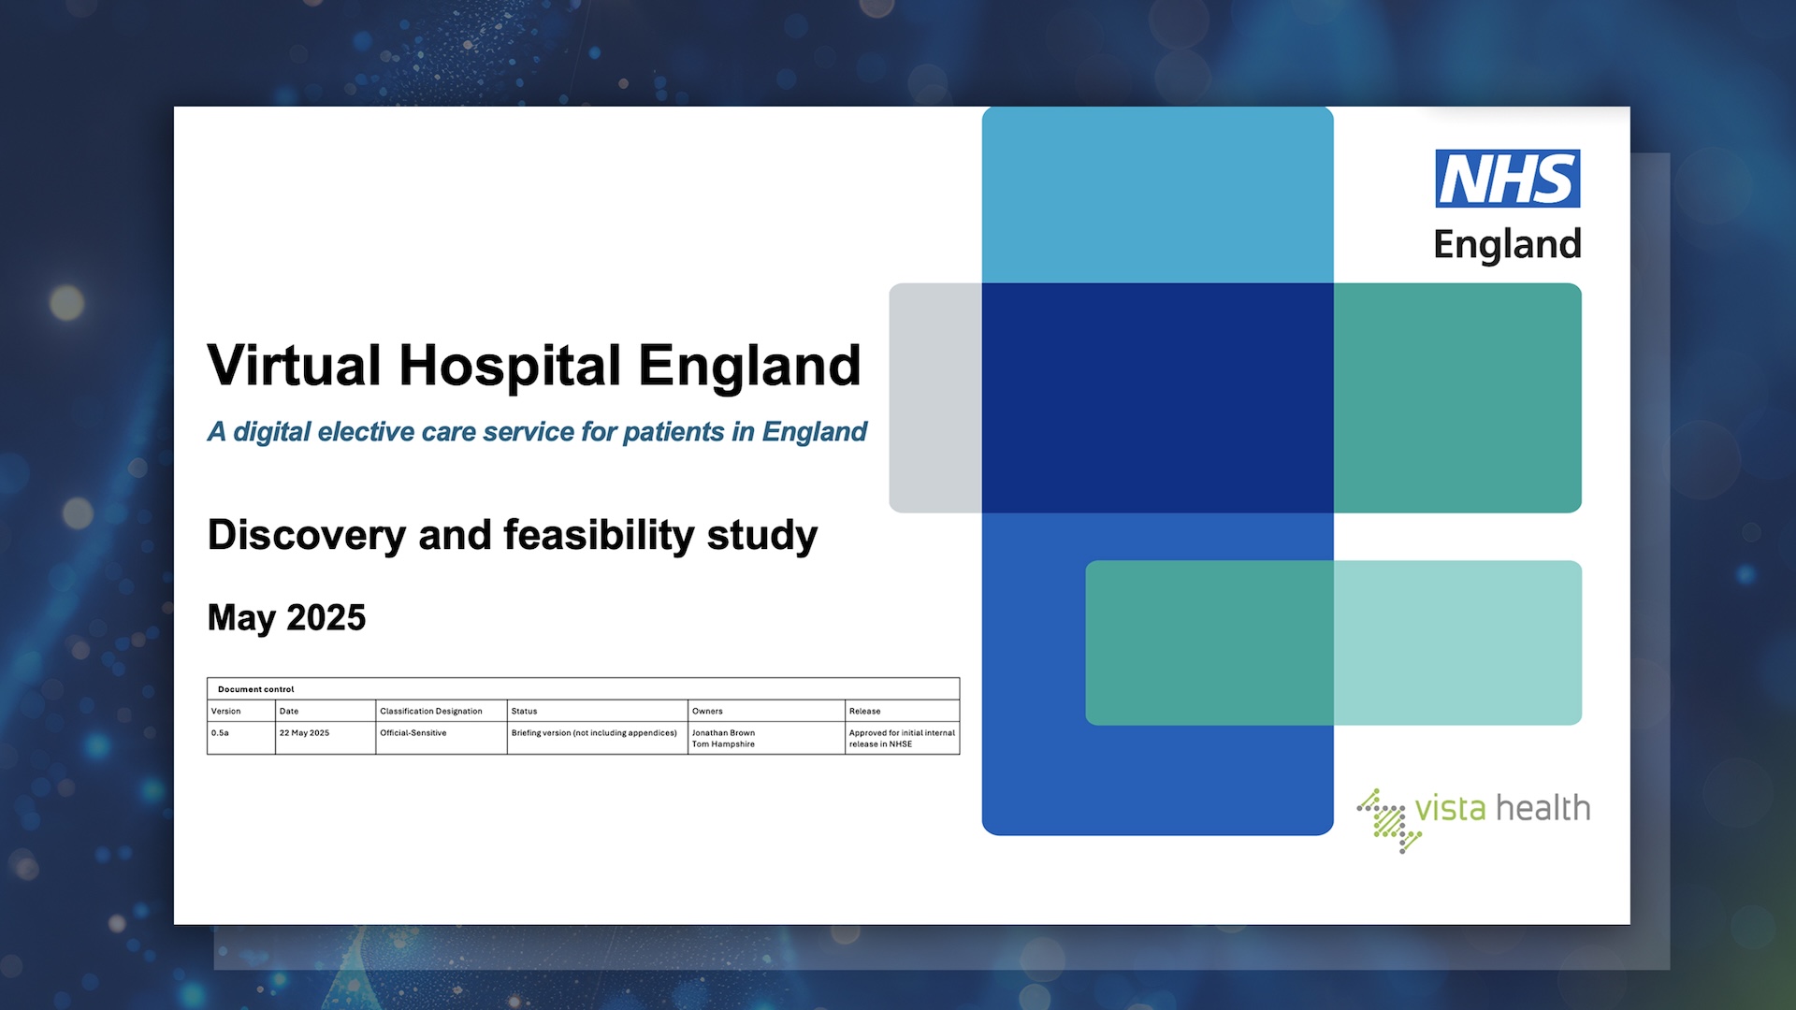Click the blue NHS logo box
[1508, 179]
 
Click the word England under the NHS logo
[1507, 245]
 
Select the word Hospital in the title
[510, 367]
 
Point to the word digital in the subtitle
[272, 432]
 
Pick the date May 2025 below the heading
[286, 618]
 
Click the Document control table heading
[256, 689]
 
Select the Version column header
[226, 712]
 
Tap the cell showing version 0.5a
[221, 733]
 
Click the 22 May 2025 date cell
[305, 733]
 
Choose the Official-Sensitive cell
[413, 733]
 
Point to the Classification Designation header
[431, 712]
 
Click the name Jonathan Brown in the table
[724, 733]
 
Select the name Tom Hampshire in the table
[724, 744]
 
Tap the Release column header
[865, 712]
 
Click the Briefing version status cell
[594, 733]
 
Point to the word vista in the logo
[1450, 808]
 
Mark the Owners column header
[708, 712]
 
